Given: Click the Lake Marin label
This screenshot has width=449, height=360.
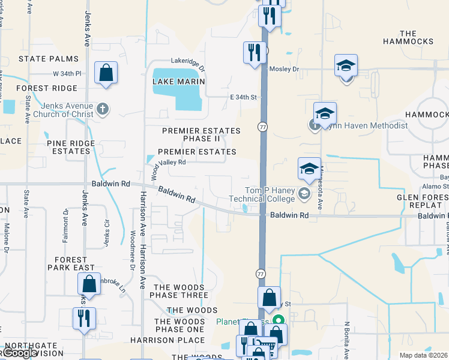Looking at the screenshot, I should click(179, 81).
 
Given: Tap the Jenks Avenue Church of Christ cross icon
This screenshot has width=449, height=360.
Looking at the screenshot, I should click(103, 109).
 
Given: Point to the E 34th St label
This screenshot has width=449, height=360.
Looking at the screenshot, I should click(243, 97).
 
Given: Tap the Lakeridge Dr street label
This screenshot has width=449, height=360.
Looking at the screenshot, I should click(188, 61).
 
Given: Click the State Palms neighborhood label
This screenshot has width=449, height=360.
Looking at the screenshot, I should click(49, 59).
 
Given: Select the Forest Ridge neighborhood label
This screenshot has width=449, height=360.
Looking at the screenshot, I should click(47, 88).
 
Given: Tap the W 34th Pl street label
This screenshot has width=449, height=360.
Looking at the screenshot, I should click(67, 74).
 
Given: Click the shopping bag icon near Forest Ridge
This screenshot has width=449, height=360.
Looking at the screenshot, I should click(106, 73).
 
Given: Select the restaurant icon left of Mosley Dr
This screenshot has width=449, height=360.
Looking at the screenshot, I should click(255, 52).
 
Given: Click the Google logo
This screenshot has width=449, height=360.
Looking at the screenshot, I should click(19, 353).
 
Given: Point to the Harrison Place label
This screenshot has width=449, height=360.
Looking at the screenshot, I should click(159, 340).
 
